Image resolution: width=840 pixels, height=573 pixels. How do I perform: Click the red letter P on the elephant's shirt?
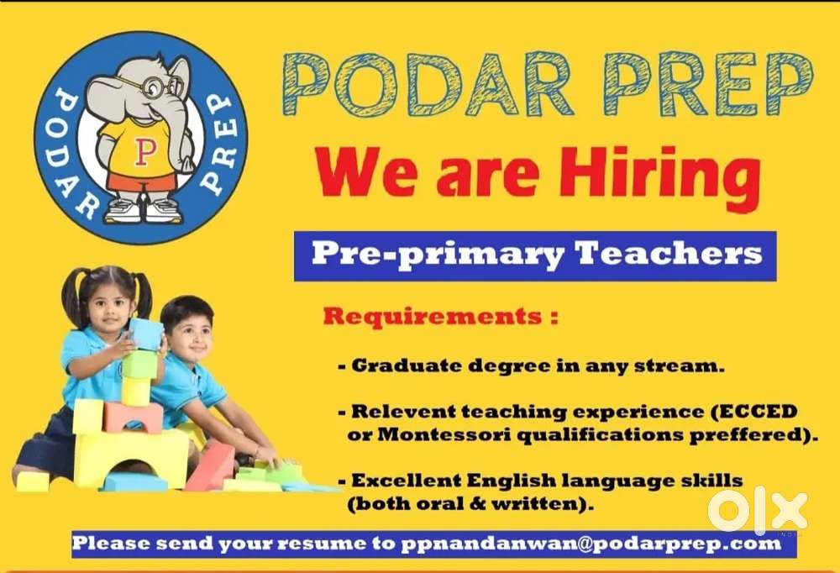tap(143, 152)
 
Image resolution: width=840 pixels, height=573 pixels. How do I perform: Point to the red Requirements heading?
tap(440, 316)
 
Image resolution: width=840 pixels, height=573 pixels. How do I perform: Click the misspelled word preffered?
tap(752, 434)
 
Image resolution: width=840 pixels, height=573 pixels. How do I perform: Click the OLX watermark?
tap(757, 513)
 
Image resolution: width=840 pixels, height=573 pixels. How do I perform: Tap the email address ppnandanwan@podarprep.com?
tap(591, 544)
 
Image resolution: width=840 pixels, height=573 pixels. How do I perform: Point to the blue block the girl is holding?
tap(145, 334)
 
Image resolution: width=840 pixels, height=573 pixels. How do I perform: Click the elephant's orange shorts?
tap(142, 182)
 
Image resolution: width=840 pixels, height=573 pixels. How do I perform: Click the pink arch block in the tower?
tap(134, 417)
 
